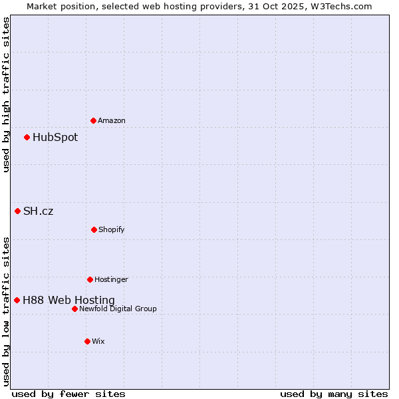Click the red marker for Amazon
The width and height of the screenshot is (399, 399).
[93, 120]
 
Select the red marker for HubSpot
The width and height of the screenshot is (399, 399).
[27, 138]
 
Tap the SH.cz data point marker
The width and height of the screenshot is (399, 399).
[17, 211]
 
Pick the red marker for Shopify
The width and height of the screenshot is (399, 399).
[94, 229]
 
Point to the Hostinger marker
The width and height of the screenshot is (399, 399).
[90, 279]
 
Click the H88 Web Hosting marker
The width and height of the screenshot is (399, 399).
[17, 300]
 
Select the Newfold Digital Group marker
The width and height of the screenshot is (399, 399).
[74, 309]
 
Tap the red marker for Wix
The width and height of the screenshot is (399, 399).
[87, 341]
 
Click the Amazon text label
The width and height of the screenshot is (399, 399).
[112, 120]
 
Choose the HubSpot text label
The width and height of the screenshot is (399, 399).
[55, 138]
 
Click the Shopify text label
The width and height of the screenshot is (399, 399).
[112, 229]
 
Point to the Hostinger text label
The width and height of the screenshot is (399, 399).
[111, 279]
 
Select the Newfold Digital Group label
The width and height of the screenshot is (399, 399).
[118, 309]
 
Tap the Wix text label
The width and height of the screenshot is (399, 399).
[98, 341]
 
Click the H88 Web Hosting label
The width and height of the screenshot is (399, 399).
[68, 301]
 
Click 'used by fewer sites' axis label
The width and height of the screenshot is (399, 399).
[68, 394]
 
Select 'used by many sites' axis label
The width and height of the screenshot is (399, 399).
[334, 394]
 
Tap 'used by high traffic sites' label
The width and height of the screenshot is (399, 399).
[7, 94]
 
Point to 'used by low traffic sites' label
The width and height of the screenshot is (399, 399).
[7, 311]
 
